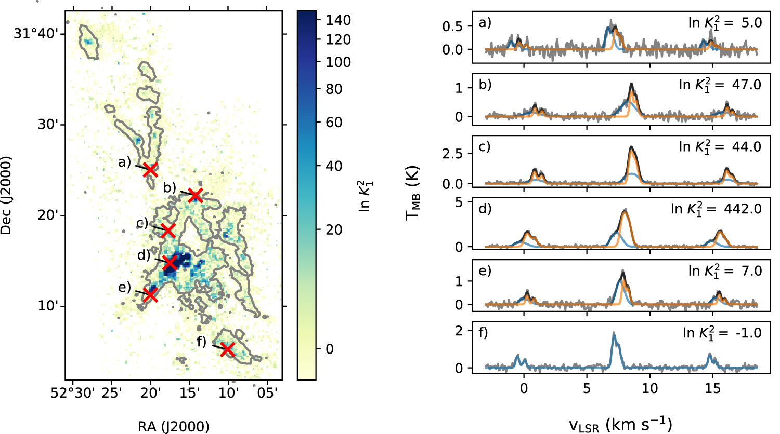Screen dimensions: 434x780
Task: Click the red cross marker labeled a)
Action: point(150,169)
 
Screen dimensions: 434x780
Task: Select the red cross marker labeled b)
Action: point(195,195)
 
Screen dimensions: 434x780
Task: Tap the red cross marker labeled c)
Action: point(167,230)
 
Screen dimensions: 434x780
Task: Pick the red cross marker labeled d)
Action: point(170,263)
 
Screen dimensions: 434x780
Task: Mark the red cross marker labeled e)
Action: point(150,294)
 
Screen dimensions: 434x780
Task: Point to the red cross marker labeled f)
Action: point(227,349)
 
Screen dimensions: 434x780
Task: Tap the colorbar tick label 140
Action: point(339,20)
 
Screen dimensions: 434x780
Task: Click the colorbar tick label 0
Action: point(330,349)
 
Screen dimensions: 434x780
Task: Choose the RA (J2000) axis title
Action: point(174,427)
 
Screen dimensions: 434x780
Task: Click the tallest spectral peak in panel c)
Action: point(631,148)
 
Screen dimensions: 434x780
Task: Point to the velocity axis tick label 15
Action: point(712,388)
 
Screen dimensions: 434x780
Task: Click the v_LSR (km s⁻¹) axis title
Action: point(620,424)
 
